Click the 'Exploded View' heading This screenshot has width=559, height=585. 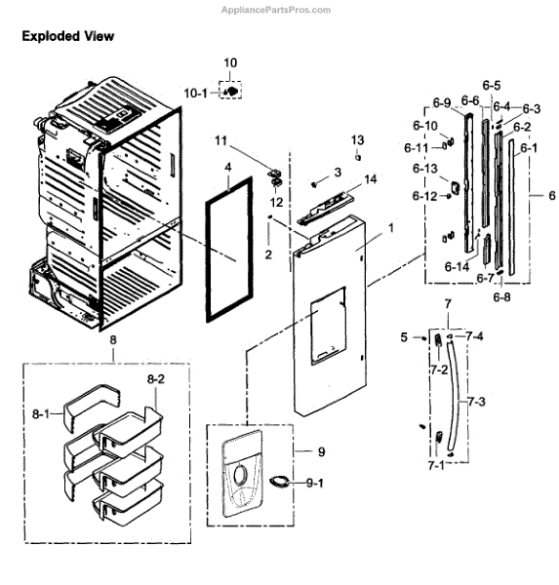point(68,36)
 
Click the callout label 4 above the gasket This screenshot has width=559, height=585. point(227,168)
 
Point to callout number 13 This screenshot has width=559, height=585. point(358,139)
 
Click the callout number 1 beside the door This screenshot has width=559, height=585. point(390,227)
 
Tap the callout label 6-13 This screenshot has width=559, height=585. point(424,169)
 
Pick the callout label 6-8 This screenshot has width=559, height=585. point(502,296)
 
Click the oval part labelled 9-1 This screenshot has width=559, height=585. point(278,479)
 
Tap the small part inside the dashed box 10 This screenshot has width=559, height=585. point(231,91)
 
